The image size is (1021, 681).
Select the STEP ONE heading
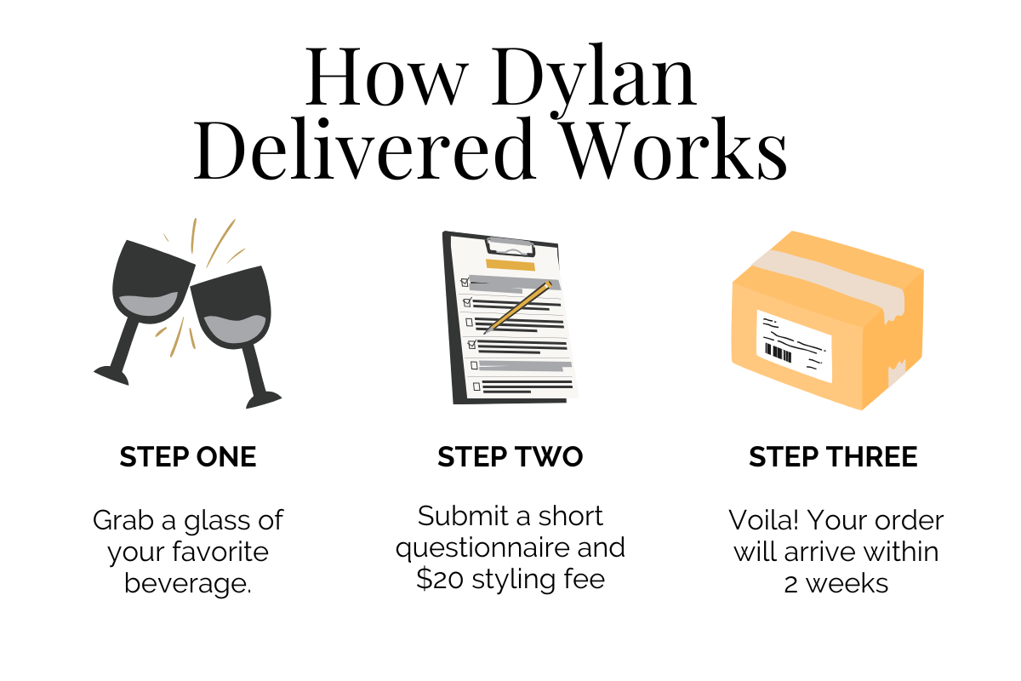188,457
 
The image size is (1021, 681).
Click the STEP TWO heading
510,457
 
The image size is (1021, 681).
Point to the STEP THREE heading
833,457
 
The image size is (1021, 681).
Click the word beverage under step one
187,584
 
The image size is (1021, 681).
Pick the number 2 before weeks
791,584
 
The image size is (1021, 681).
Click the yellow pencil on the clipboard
518,306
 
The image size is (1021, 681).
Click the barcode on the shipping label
779,351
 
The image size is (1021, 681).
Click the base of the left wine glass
111,374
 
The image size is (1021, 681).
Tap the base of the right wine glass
260,398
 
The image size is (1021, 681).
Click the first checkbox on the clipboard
465,282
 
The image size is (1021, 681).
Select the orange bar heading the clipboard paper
505,264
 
